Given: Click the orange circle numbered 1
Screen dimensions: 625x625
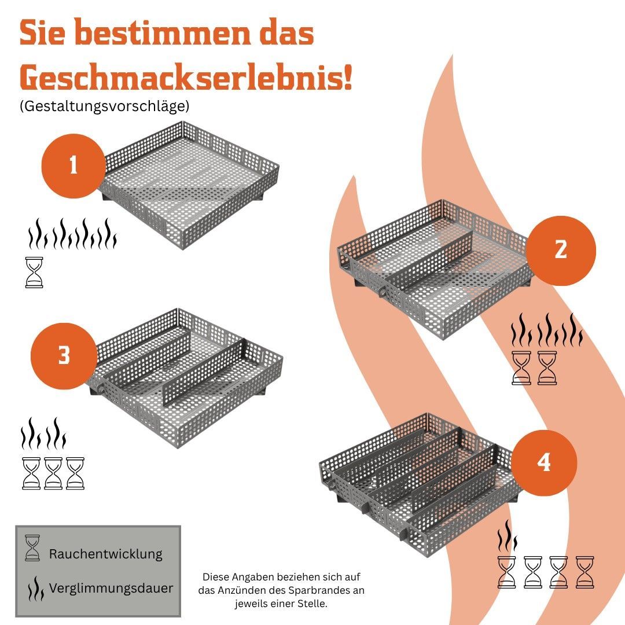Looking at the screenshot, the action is click(x=73, y=166).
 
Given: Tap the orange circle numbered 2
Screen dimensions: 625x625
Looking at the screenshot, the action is click(x=561, y=251).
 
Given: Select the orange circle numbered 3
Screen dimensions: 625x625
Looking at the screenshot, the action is click(x=64, y=356).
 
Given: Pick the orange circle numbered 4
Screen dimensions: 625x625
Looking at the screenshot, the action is click(x=544, y=463).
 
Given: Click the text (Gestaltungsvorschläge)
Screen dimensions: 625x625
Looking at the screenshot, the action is click(x=104, y=106).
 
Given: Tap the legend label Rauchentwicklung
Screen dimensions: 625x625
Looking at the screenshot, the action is click(x=106, y=554).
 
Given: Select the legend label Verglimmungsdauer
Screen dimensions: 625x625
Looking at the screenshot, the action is click(x=111, y=589).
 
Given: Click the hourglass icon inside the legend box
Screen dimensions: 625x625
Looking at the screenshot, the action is click(x=32, y=548).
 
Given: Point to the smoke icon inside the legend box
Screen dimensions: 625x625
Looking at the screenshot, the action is click(x=35, y=589).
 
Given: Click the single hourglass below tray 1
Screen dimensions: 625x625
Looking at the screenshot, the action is click(x=34, y=272).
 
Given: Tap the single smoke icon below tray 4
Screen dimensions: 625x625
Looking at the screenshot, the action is click(x=507, y=536).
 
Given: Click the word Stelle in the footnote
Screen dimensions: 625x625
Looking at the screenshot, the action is click(x=313, y=604).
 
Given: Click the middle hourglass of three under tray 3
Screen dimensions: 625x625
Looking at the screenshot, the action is click(x=53, y=473).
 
